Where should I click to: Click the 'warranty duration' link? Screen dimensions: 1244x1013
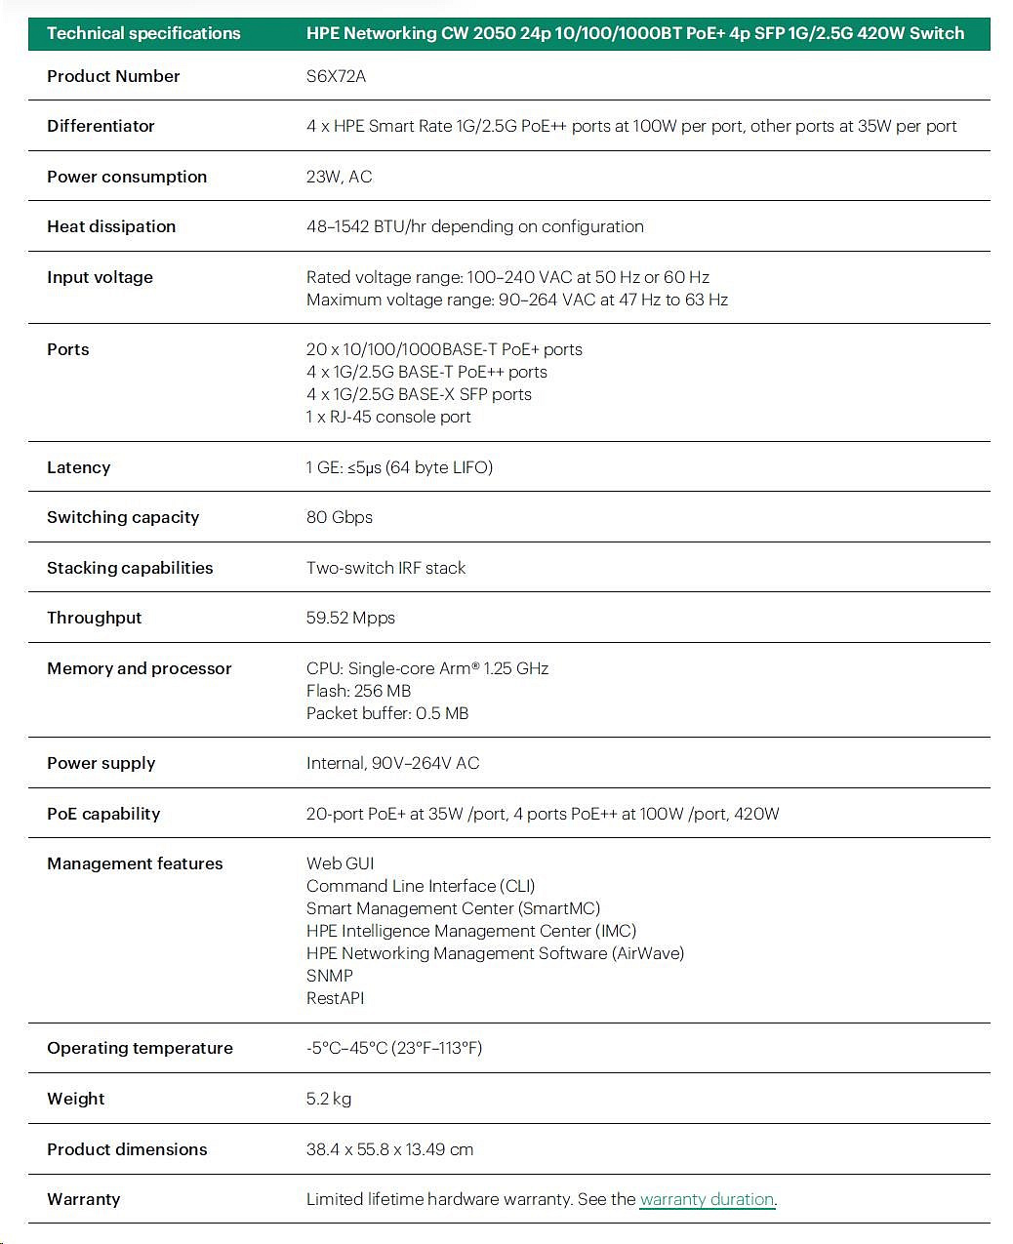tap(707, 1199)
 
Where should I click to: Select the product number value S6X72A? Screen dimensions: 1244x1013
tap(336, 76)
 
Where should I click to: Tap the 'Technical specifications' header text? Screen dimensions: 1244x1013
tap(143, 33)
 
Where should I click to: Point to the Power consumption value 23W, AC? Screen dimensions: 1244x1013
tap(339, 177)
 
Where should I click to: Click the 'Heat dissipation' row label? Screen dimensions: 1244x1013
tap(111, 226)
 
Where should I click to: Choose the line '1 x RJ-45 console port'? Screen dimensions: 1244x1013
tap(388, 417)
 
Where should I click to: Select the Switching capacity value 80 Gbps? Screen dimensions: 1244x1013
tap(339, 517)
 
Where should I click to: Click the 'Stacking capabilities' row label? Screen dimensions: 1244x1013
tap(130, 568)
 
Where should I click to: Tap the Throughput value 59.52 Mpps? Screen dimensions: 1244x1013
tap(350, 618)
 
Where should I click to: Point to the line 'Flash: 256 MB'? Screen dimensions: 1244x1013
tap(358, 691)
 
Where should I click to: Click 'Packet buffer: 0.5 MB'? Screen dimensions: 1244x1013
tap(387, 713)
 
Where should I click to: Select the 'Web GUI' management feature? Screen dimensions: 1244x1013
tap(340, 863)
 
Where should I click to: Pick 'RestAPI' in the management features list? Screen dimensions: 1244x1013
tap(335, 998)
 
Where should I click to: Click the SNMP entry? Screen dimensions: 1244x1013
tap(329, 976)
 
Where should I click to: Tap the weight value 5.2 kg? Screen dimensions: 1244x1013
tap(328, 1099)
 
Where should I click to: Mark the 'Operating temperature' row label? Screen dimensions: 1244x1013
tap(140, 1048)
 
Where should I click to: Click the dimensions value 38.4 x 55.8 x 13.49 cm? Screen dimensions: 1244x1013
tap(389, 1149)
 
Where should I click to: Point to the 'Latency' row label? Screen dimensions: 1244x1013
tap(78, 467)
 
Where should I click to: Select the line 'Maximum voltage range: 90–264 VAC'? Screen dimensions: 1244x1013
tap(516, 300)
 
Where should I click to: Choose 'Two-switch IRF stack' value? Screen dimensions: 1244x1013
tap(385, 568)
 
